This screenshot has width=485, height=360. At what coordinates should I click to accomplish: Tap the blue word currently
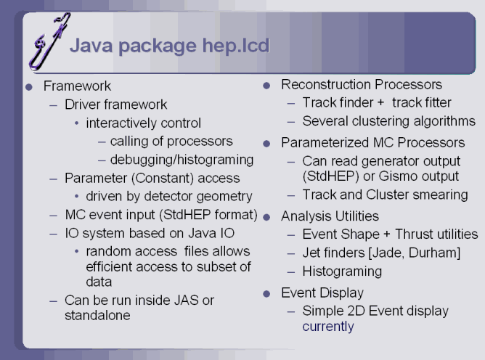[328, 327]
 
